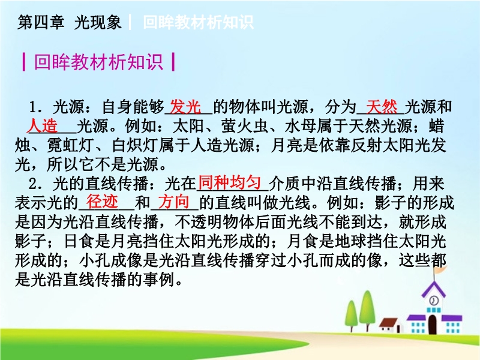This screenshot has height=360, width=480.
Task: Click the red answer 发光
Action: pyautogui.click(x=185, y=107)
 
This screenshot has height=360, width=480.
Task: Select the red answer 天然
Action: pyautogui.click(x=382, y=107)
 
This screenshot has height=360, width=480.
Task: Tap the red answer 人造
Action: pyautogui.click(x=42, y=125)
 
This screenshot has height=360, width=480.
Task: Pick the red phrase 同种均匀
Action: pyautogui.click(x=230, y=182)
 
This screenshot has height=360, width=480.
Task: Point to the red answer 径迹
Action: pyautogui.click(x=102, y=202)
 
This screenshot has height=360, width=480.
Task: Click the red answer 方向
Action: pyautogui.click(x=173, y=202)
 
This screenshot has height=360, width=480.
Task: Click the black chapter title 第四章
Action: pyautogui.click(x=41, y=22)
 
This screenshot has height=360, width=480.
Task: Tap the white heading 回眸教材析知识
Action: pyautogui.click(x=198, y=22)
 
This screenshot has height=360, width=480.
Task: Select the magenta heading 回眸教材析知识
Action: pyautogui.click(x=98, y=62)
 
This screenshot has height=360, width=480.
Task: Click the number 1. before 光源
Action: pyautogui.click(x=35, y=107)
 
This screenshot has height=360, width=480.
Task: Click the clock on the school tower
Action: pyautogui.click(x=433, y=300)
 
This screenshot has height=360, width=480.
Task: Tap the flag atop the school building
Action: pyautogui.click(x=441, y=271)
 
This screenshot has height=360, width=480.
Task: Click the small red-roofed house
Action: pyautogui.click(x=390, y=325)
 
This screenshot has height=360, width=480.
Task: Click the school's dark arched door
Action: pyautogui.click(x=432, y=324)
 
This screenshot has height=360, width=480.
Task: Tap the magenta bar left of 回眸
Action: pyautogui.click(x=24, y=62)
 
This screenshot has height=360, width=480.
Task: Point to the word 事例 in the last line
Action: pyautogui.click(x=158, y=279)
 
